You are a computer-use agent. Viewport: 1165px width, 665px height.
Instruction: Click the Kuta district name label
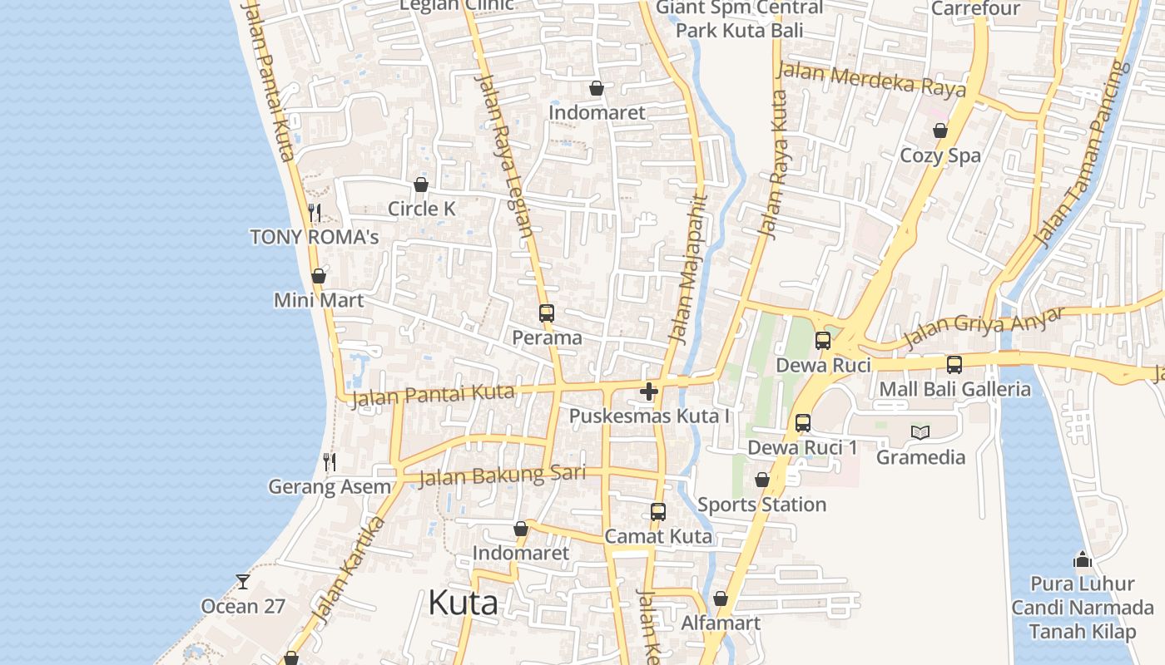point(464,603)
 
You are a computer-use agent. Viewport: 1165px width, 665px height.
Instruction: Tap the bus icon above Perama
point(546,313)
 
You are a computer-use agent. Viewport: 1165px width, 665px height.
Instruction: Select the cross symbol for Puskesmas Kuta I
point(649,391)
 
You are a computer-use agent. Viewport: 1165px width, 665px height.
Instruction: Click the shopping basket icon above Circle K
point(421,185)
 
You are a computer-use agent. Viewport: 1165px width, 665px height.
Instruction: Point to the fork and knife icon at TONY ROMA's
point(315,213)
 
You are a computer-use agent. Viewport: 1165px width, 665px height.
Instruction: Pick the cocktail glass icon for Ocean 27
point(243,582)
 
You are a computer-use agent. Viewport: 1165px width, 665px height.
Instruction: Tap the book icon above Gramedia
point(920,432)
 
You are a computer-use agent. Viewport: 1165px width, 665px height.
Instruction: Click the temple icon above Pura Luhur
point(1083,559)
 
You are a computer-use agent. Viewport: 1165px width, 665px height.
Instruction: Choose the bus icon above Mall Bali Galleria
point(954,364)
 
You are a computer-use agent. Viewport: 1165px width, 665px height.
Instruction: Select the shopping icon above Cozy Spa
point(940,131)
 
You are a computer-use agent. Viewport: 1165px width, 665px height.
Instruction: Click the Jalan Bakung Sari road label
point(502,475)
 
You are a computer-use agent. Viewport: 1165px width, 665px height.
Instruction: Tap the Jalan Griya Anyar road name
point(984,328)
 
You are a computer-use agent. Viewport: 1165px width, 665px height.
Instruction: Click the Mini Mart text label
point(320,300)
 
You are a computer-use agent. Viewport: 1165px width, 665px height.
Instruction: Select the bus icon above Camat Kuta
point(658,512)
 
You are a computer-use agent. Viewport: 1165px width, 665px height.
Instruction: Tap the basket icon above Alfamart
point(721,598)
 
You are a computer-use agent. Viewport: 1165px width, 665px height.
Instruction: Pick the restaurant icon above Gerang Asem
point(330,461)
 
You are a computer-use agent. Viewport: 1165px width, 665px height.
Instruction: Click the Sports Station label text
point(761,505)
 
